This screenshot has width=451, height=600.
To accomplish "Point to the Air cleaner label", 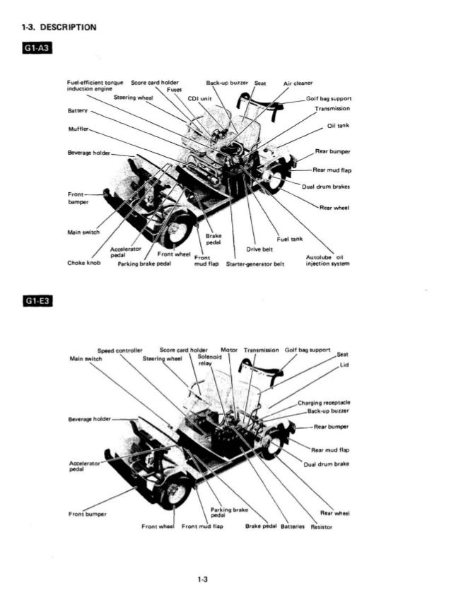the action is [298, 82].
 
